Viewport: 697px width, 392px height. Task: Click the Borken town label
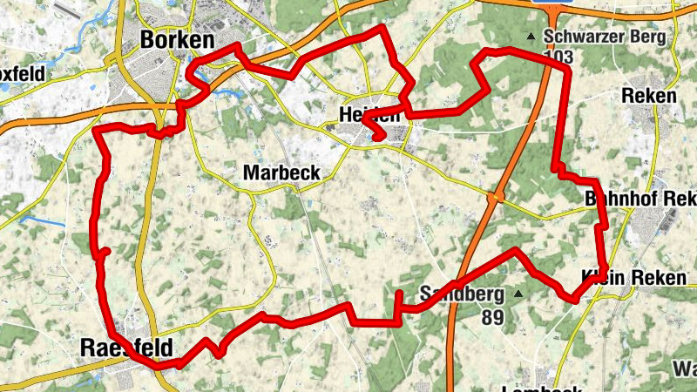point(177,40)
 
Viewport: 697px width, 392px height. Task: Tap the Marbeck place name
point(281,172)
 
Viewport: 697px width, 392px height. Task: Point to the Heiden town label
point(369,115)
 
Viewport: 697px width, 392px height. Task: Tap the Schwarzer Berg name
point(605,37)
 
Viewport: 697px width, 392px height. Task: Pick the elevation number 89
point(492,316)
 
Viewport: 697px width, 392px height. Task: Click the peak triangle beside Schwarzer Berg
point(531,37)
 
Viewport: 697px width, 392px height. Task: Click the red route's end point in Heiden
point(379,136)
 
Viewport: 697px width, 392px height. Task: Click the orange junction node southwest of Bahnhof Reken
point(495,198)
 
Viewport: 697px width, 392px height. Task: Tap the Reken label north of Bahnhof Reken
point(649,96)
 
